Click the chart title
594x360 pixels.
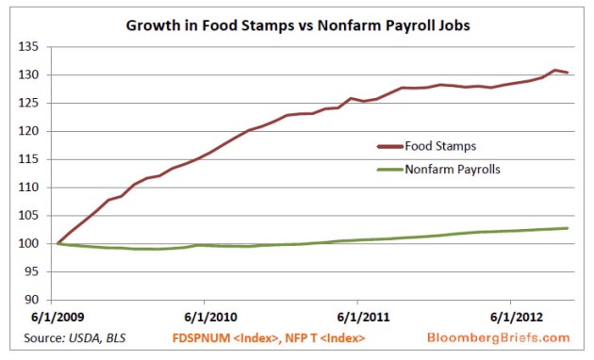(x=296, y=25)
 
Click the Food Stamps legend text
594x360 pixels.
(x=438, y=146)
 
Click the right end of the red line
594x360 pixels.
(x=567, y=73)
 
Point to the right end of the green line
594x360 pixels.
(x=567, y=228)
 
